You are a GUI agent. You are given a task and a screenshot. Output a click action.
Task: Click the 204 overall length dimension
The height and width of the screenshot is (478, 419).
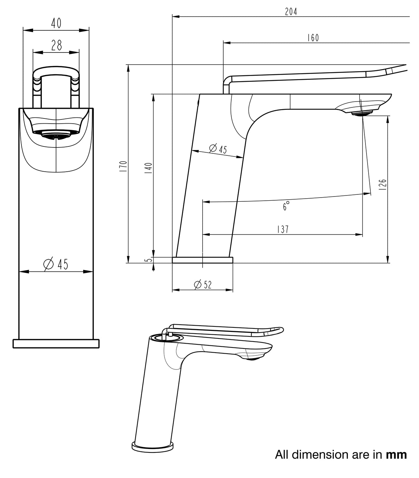point(291,12)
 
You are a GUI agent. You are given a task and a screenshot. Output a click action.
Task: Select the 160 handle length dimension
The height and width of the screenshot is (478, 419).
point(313,38)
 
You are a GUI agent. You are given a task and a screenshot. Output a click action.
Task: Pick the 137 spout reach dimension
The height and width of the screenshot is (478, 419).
point(282,229)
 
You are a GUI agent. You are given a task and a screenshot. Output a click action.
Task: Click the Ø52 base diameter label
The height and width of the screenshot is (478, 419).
point(203,285)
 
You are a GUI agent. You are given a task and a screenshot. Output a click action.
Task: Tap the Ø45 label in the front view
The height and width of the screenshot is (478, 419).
point(56,264)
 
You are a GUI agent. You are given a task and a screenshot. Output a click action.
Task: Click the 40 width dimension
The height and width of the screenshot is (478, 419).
point(56,23)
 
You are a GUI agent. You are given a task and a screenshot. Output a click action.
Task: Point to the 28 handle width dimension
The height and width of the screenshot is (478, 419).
point(56,45)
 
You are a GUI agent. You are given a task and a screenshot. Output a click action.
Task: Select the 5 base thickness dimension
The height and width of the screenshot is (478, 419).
point(149,260)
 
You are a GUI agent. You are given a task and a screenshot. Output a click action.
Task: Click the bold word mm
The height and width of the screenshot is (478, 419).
point(396,455)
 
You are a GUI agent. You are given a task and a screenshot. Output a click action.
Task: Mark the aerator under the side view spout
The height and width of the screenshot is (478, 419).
point(362,113)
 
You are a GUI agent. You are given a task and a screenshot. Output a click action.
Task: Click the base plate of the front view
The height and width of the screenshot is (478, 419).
point(56,344)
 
